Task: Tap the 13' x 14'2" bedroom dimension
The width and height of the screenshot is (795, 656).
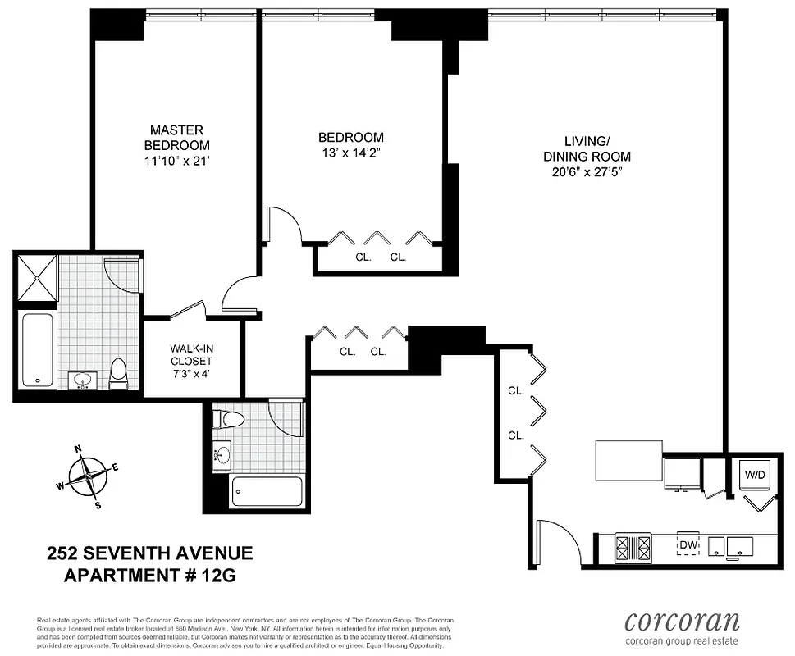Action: click(x=350, y=152)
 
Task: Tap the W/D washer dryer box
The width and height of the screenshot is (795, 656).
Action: click(x=755, y=475)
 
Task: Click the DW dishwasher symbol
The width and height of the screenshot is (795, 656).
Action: click(x=687, y=544)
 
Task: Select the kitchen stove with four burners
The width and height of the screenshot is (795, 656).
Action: click(x=633, y=546)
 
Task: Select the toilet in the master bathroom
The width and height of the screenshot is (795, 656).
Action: click(x=118, y=373)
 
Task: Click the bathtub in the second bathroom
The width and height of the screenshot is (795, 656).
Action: click(x=267, y=492)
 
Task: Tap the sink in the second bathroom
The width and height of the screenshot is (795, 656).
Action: click(x=222, y=453)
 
